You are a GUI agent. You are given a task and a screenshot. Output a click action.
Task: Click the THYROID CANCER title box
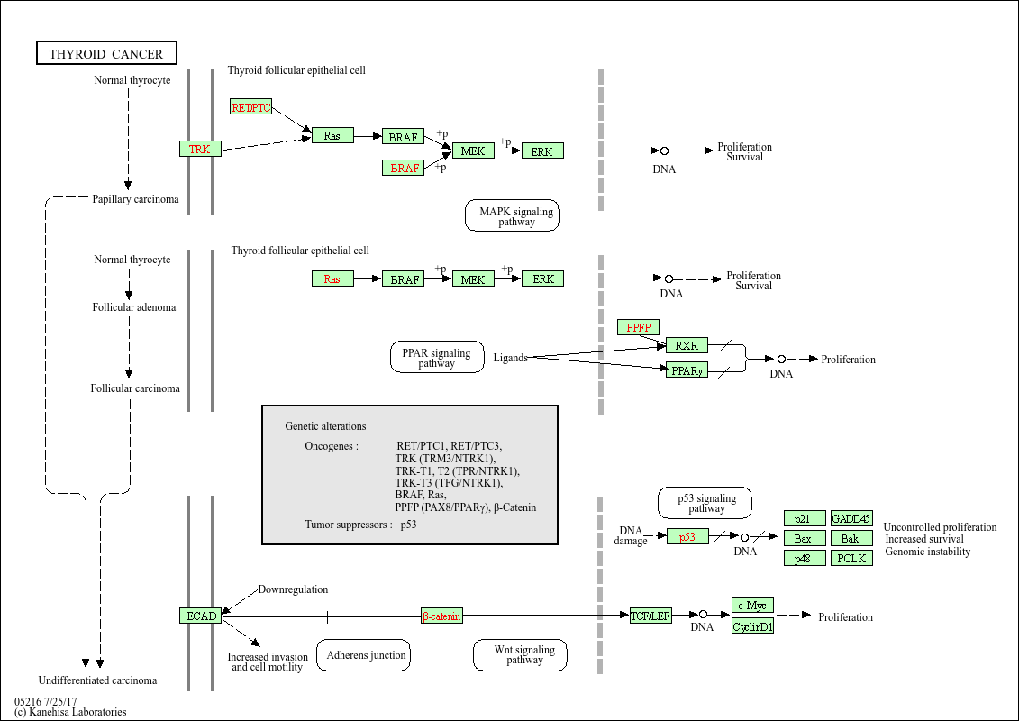(106, 54)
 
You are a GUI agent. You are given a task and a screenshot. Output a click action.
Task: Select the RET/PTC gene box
(250, 107)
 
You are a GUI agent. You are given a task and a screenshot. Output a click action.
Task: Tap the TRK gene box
(200, 149)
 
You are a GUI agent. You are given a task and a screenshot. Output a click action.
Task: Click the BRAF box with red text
(404, 168)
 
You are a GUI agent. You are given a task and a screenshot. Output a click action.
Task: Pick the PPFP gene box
(638, 327)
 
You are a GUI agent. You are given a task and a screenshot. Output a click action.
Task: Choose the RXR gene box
(687, 345)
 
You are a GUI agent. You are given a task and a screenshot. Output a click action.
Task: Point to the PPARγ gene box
(687, 370)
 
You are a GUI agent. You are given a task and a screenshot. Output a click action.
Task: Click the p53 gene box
(687, 536)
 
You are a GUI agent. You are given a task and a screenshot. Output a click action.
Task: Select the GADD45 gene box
(851, 518)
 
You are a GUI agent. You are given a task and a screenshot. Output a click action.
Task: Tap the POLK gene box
(851, 558)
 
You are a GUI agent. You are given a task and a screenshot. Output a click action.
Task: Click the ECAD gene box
(200, 616)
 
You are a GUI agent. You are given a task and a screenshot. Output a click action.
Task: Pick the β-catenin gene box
(441, 616)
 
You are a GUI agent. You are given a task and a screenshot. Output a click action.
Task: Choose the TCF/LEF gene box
(651, 616)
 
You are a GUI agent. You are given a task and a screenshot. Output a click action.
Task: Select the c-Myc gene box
(752, 605)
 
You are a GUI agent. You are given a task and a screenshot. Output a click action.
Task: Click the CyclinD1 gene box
(752, 626)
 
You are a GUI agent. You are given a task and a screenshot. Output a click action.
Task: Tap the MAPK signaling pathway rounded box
(512, 215)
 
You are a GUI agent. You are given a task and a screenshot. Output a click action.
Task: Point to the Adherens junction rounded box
(363, 655)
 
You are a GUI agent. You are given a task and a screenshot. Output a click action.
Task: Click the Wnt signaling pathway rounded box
(520, 655)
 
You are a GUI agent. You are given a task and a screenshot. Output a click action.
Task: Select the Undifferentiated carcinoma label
(97, 680)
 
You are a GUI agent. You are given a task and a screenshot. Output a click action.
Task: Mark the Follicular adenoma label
(134, 307)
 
